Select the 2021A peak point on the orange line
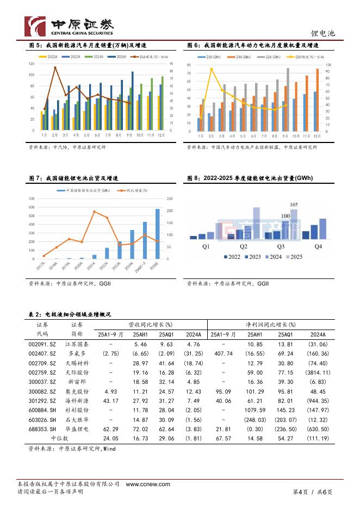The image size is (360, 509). point(95,212)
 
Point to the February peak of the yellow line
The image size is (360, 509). point(212,69)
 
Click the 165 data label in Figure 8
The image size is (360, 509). point(294,205)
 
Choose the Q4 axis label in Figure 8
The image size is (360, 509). point(318,246)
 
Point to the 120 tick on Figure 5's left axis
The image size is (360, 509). point(32,64)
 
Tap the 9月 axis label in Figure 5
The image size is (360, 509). point(128,135)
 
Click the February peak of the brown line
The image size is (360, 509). point(55,67)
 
